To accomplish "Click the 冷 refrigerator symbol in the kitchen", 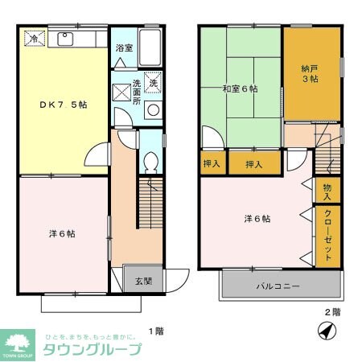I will point(34,38).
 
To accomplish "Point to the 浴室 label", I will point(123,47).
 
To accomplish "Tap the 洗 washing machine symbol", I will point(153,82).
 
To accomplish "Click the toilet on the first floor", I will point(150,163).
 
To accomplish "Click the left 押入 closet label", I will point(212,163).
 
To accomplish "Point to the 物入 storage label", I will point(327,191).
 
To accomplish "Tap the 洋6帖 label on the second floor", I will point(257,218).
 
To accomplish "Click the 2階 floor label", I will point(331,312).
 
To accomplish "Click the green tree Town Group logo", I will point(18,342).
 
